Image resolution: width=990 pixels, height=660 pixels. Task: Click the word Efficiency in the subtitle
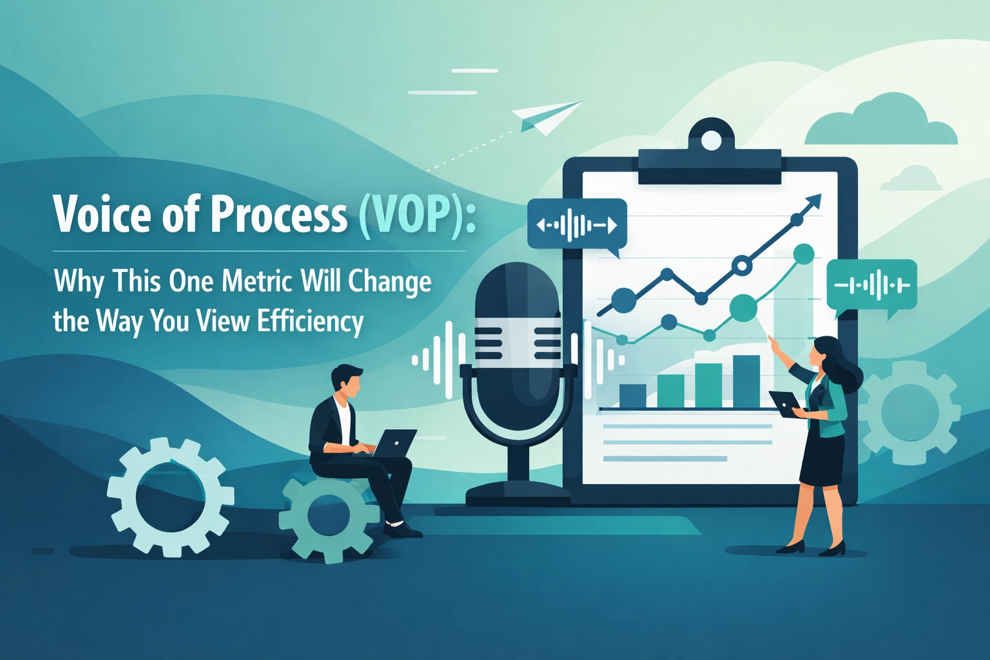[x=310, y=321]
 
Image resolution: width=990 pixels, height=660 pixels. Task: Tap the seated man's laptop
[x=394, y=443]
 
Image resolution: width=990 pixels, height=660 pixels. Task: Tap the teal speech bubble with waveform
[x=871, y=286]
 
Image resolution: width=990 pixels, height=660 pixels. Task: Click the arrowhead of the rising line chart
[x=814, y=201]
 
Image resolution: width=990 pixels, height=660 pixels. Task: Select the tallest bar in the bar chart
[x=746, y=381]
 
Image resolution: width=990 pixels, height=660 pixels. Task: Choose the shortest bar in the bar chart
[x=632, y=395]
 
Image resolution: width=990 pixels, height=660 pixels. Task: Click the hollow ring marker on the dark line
[x=742, y=265]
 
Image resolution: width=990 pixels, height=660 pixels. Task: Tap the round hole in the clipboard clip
[x=711, y=140]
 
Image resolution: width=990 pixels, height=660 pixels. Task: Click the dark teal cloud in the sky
[x=882, y=122]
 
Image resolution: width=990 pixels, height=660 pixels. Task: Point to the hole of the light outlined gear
[x=170, y=497]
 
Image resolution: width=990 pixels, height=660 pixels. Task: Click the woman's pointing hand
[x=773, y=342]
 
